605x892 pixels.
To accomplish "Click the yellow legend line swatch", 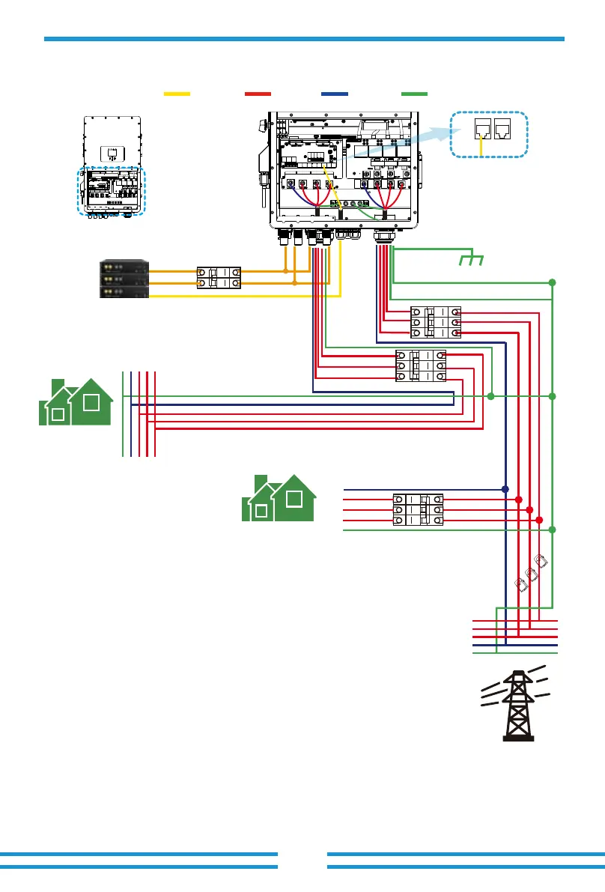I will (x=177, y=94).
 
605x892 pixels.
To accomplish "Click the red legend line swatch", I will (x=258, y=94).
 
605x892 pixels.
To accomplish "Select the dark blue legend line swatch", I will (x=334, y=94).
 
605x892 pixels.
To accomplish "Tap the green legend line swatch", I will (x=414, y=94).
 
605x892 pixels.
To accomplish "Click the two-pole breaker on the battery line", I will (x=218, y=278).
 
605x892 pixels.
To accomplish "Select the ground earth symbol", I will (x=471, y=259).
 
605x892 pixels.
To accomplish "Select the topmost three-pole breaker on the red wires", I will (x=435, y=321).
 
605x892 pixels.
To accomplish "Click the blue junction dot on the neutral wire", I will (x=505, y=489).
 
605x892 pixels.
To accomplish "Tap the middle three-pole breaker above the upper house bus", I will (x=420, y=365).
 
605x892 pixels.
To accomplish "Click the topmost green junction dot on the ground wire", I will (x=552, y=282).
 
